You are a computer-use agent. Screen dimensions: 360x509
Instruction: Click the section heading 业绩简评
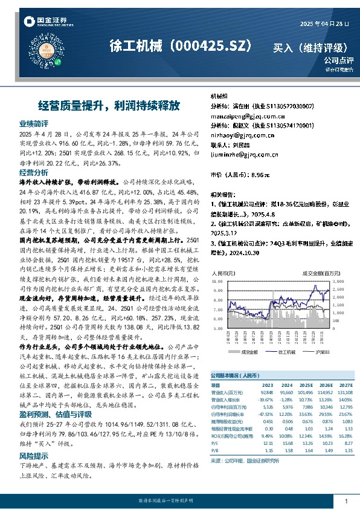[x=34, y=123]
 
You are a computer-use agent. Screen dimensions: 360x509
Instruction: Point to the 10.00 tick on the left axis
[x=218, y=282]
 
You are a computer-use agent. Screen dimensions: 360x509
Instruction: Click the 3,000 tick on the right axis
[x=338, y=282]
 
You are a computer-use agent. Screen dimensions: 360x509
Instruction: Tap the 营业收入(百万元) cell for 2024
[x=286, y=391]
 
